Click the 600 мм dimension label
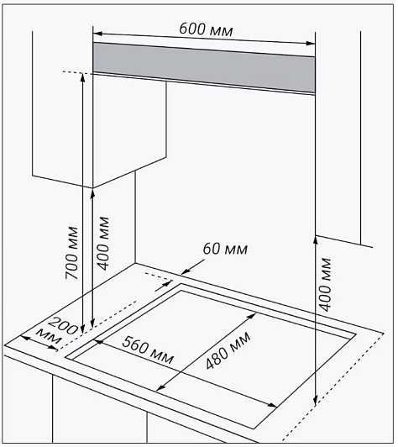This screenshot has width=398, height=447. coord(206,29)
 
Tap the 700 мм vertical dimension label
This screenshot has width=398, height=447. coord(72,253)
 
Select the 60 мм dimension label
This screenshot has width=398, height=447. coord(225,249)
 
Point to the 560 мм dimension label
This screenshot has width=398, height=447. coord(148,350)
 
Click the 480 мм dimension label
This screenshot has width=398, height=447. coord(228,350)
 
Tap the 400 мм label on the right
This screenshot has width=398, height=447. coord(325,284)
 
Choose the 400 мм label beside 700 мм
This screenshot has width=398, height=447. coord(103,243)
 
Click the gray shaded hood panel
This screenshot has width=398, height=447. coord(204,68)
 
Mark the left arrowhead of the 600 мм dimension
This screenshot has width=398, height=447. coord(97,34)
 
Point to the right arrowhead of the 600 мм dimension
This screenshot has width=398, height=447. coord(311,44)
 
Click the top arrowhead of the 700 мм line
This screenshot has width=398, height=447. coord(82,77)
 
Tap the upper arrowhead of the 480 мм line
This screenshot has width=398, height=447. coord(252,316)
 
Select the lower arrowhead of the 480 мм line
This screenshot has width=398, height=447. coord(161,387)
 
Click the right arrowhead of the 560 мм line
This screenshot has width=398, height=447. coord(273,405)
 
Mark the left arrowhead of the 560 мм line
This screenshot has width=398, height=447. coord(98,340)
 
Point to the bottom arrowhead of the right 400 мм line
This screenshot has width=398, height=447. coord(315,401)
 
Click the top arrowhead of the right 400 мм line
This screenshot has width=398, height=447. coord(316,239)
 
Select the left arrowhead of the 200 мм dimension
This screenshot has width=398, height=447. coord(25,338)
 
